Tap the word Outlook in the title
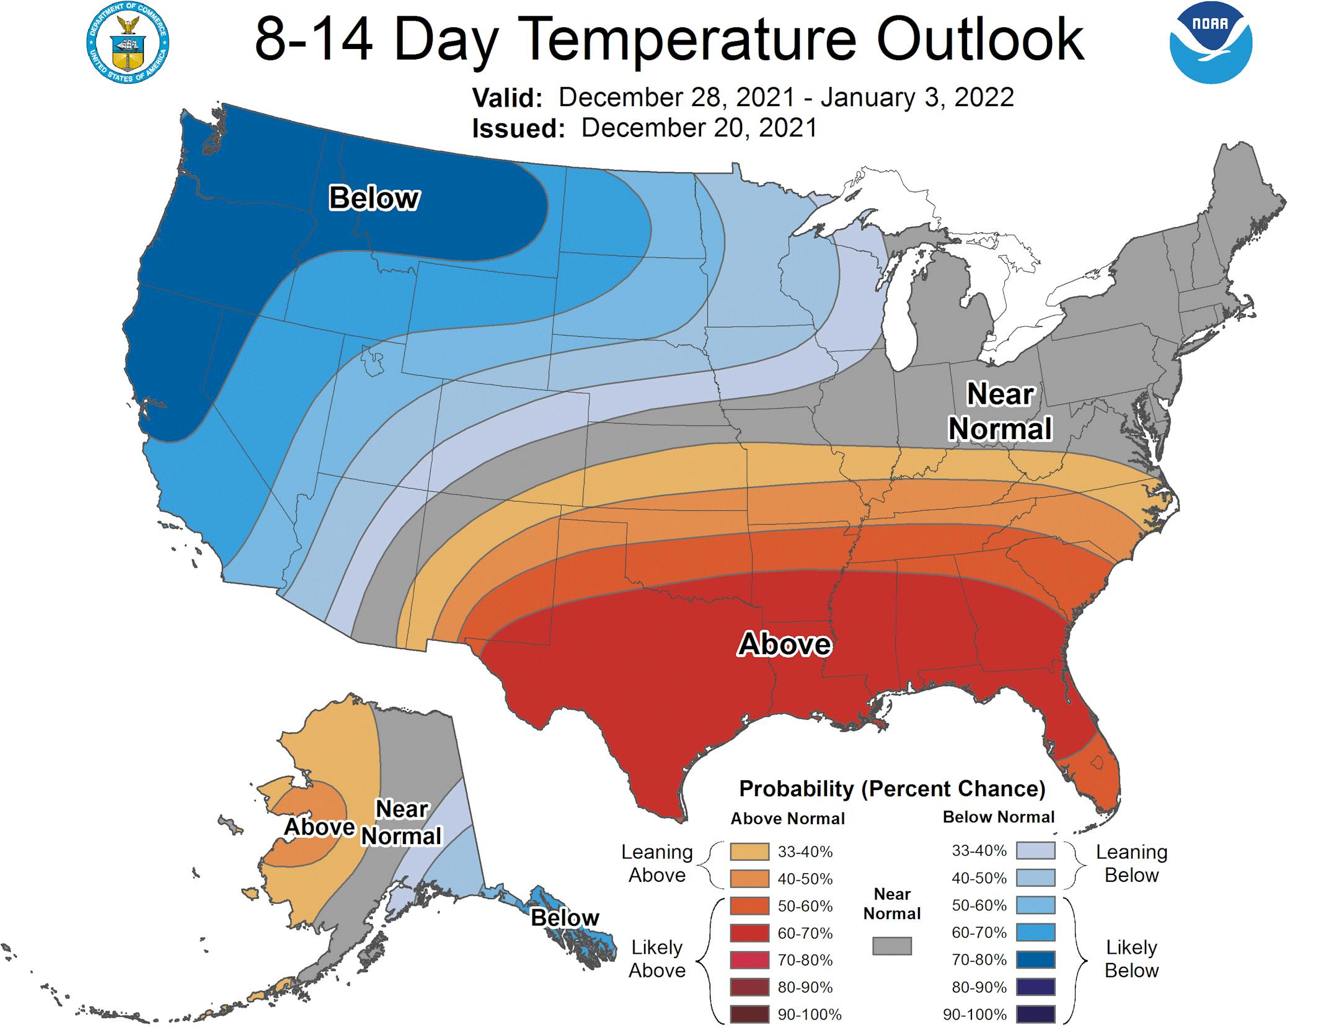(979, 38)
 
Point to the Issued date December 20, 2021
(699, 128)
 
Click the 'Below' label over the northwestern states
(374, 198)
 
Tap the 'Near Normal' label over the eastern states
(1000, 411)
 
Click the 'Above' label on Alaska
(319, 827)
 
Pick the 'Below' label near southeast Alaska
(565, 917)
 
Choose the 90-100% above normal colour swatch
(749, 1015)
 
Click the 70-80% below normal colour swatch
(1035, 960)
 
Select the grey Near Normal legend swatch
(892, 946)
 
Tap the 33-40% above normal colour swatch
(749, 851)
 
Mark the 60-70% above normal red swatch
(749, 933)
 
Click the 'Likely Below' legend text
(1131, 959)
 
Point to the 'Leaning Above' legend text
(657, 863)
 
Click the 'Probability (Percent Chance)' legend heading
(892, 789)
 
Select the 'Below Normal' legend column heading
(998, 817)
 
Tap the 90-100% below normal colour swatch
(1035, 1015)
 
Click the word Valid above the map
(507, 98)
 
